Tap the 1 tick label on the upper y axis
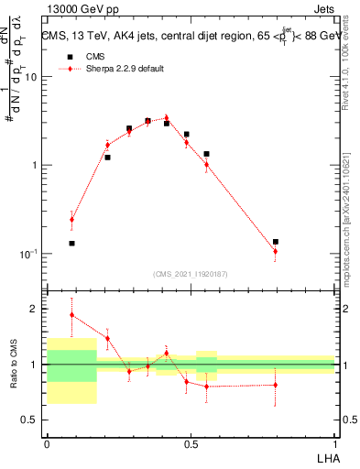(36, 165)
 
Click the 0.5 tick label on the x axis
(191, 444)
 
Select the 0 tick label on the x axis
(47, 444)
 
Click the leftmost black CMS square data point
(71, 244)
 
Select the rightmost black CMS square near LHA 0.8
(275, 242)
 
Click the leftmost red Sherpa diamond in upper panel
(71, 220)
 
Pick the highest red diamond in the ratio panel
(71, 315)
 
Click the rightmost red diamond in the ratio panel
(275, 385)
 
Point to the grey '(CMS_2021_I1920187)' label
(191, 274)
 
